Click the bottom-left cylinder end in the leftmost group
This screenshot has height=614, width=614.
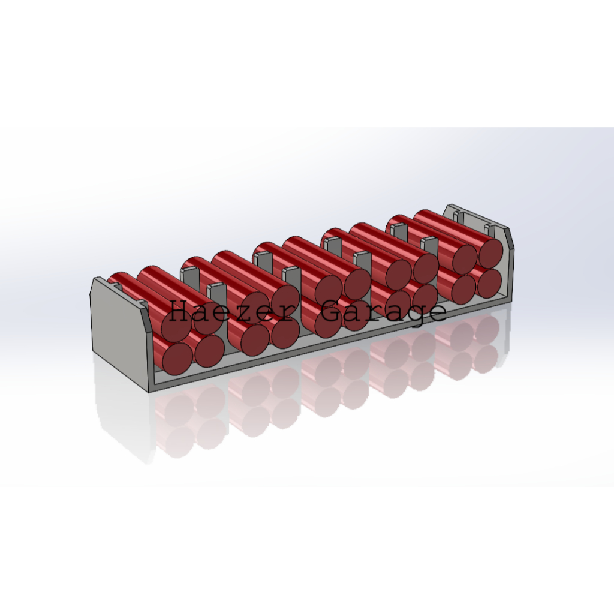(x=177, y=358)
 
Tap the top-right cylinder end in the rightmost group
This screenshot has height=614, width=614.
(x=490, y=252)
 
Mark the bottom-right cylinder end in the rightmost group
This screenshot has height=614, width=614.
(x=489, y=284)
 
